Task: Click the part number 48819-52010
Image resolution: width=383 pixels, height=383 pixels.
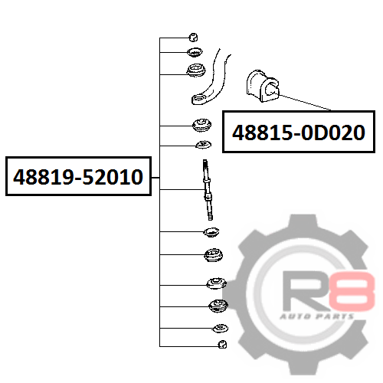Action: point(78,177)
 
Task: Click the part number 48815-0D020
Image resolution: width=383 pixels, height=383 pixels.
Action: point(299,133)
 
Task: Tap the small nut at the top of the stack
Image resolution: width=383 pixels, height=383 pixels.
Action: point(193,38)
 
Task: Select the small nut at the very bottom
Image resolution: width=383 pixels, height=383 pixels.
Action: point(222,345)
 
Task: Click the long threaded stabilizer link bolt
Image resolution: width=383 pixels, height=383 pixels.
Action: point(208,190)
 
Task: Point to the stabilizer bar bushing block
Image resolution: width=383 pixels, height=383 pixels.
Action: point(263,86)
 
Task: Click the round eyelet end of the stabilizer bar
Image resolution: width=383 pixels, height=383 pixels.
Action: point(200,99)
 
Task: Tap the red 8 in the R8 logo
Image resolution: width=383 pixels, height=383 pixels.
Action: point(352,291)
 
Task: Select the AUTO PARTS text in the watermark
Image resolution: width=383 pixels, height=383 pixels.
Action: point(316,316)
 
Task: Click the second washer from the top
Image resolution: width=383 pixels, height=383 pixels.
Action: point(195,52)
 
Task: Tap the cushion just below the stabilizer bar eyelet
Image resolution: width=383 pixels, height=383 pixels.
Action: point(201,125)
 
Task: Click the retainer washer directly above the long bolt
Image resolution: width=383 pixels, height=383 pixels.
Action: point(204,145)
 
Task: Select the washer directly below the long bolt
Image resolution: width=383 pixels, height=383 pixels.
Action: point(211,232)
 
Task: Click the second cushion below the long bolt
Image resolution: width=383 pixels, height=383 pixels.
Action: point(213,255)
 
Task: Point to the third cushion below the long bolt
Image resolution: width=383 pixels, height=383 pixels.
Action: point(216,283)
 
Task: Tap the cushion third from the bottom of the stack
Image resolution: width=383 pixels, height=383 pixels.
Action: point(218,306)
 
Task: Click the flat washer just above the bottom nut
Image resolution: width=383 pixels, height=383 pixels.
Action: point(221,329)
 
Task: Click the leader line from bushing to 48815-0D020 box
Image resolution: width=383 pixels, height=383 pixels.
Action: point(305,103)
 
